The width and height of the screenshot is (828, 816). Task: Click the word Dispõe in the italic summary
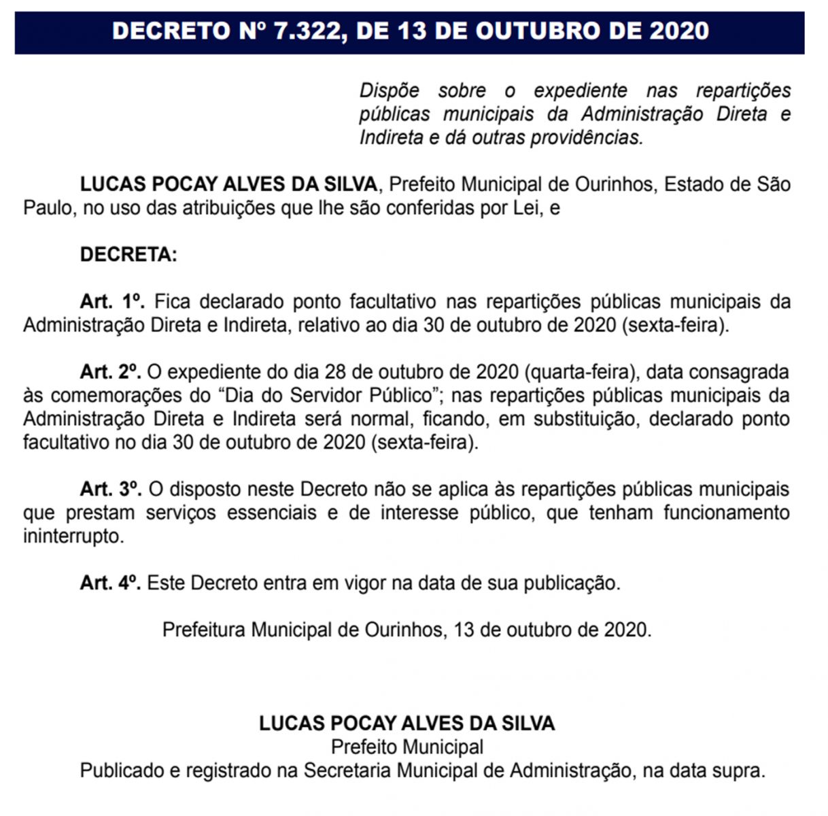point(389,90)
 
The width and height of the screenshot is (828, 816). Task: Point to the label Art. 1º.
point(113,301)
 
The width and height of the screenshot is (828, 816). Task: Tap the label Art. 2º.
point(110,372)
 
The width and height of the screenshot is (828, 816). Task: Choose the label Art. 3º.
point(110,489)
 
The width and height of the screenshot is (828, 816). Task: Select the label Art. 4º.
point(110,583)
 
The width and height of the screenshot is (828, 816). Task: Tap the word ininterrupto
point(73,536)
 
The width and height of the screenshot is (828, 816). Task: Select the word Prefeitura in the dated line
point(204,630)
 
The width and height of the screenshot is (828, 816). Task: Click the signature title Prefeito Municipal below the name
point(407,747)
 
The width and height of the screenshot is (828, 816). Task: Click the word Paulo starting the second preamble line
point(47,207)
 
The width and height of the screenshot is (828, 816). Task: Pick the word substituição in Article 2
point(585,419)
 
